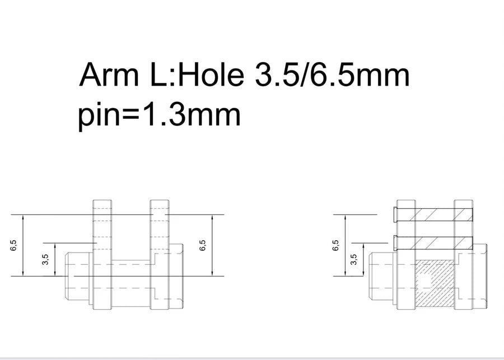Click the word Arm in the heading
coord(109,74)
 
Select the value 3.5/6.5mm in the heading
coord(332,75)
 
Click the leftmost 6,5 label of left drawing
coord(13,245)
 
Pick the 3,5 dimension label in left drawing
coord(45,259)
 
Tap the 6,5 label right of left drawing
coord(203,245)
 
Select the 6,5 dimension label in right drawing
coord(335,245)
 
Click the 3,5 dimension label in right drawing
coord(353,259)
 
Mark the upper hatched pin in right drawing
coord(434,214)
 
